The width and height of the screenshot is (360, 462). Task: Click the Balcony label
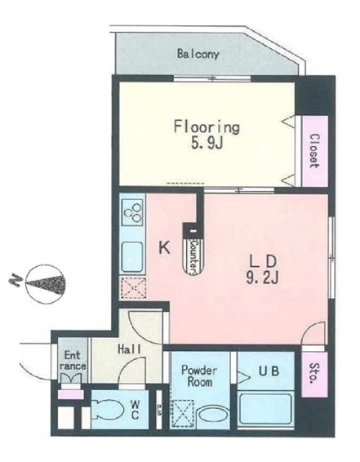tap(198, 54)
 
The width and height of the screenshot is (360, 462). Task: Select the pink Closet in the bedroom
tap(315, 151)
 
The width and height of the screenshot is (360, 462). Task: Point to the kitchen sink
tap(132, 256)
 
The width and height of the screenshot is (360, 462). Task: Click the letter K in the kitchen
tap(164, 247)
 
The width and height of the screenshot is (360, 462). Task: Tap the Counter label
tap(193, 255)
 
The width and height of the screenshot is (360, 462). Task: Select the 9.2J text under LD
tap(262, 277)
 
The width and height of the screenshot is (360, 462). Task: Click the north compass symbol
tap(45, 284)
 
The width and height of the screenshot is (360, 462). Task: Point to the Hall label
tap(129, 349)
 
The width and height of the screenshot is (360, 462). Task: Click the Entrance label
tap(73, 360)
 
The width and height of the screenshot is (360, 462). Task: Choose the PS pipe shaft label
tap(159, 411)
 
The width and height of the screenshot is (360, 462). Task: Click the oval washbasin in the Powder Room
tap(211, 415)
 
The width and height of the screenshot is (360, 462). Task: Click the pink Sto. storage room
tap(314, 375)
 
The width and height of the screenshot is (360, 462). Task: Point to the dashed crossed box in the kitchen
tap(133, 288)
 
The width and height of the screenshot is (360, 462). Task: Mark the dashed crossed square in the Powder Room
tap(183, 413)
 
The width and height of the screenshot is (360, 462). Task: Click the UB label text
tap(269, 371)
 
